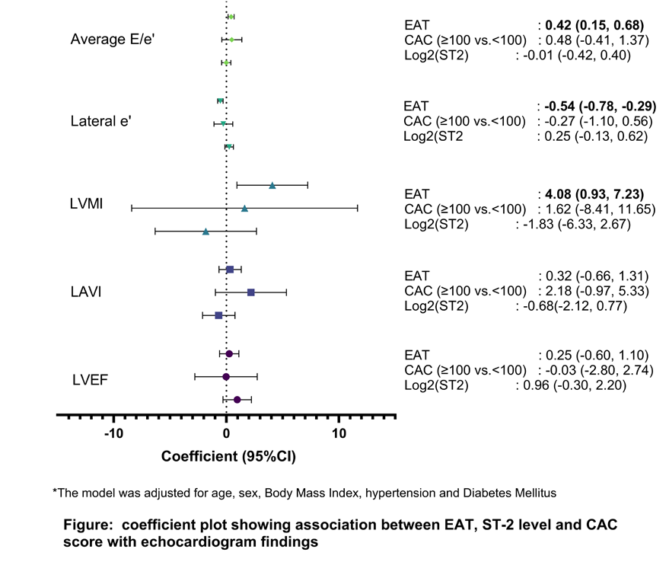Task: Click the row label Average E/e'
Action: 113,40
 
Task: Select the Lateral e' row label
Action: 100,121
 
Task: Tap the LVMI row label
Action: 86,203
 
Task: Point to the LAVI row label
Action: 86,292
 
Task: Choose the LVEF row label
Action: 90,380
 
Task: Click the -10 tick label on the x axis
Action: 113,434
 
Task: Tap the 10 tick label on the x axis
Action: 339,434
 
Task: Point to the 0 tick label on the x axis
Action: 226,434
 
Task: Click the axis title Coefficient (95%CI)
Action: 228,456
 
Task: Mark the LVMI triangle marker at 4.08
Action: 272,185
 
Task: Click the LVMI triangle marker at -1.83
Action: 205,232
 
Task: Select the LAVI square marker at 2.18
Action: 251,292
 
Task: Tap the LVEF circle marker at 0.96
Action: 237,400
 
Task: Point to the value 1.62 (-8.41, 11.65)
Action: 600,209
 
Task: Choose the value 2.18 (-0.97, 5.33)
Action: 597,291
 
